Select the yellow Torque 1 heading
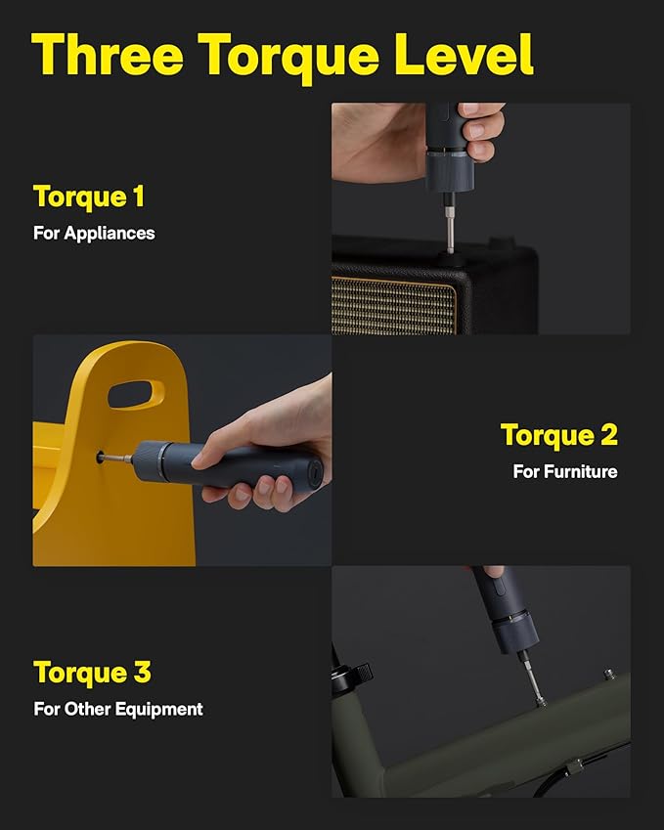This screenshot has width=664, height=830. pos(89,197)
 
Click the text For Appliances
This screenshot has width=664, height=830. pos(95,234)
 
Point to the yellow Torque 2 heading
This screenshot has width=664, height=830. pos(558,435)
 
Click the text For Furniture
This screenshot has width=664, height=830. pos(565,471)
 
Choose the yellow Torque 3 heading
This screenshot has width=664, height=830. pos(92,673)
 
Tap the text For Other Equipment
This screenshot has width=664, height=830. pos(118,709)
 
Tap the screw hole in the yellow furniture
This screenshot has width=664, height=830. pos(101,454)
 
